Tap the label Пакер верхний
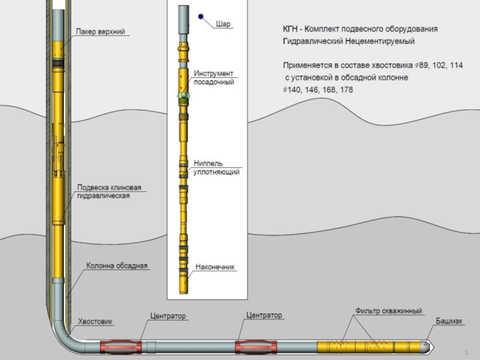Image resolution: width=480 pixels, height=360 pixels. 100,31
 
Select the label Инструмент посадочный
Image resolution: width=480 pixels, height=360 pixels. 213,77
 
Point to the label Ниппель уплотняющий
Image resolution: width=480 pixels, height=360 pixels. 217,167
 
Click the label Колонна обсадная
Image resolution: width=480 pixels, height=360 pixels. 116,265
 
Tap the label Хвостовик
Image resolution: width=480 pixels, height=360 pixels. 95,322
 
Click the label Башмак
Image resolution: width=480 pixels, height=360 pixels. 449,322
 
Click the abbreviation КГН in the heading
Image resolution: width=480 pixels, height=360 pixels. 292,29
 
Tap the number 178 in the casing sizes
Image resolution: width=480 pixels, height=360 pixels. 346,89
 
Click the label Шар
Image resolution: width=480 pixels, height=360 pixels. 223,24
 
